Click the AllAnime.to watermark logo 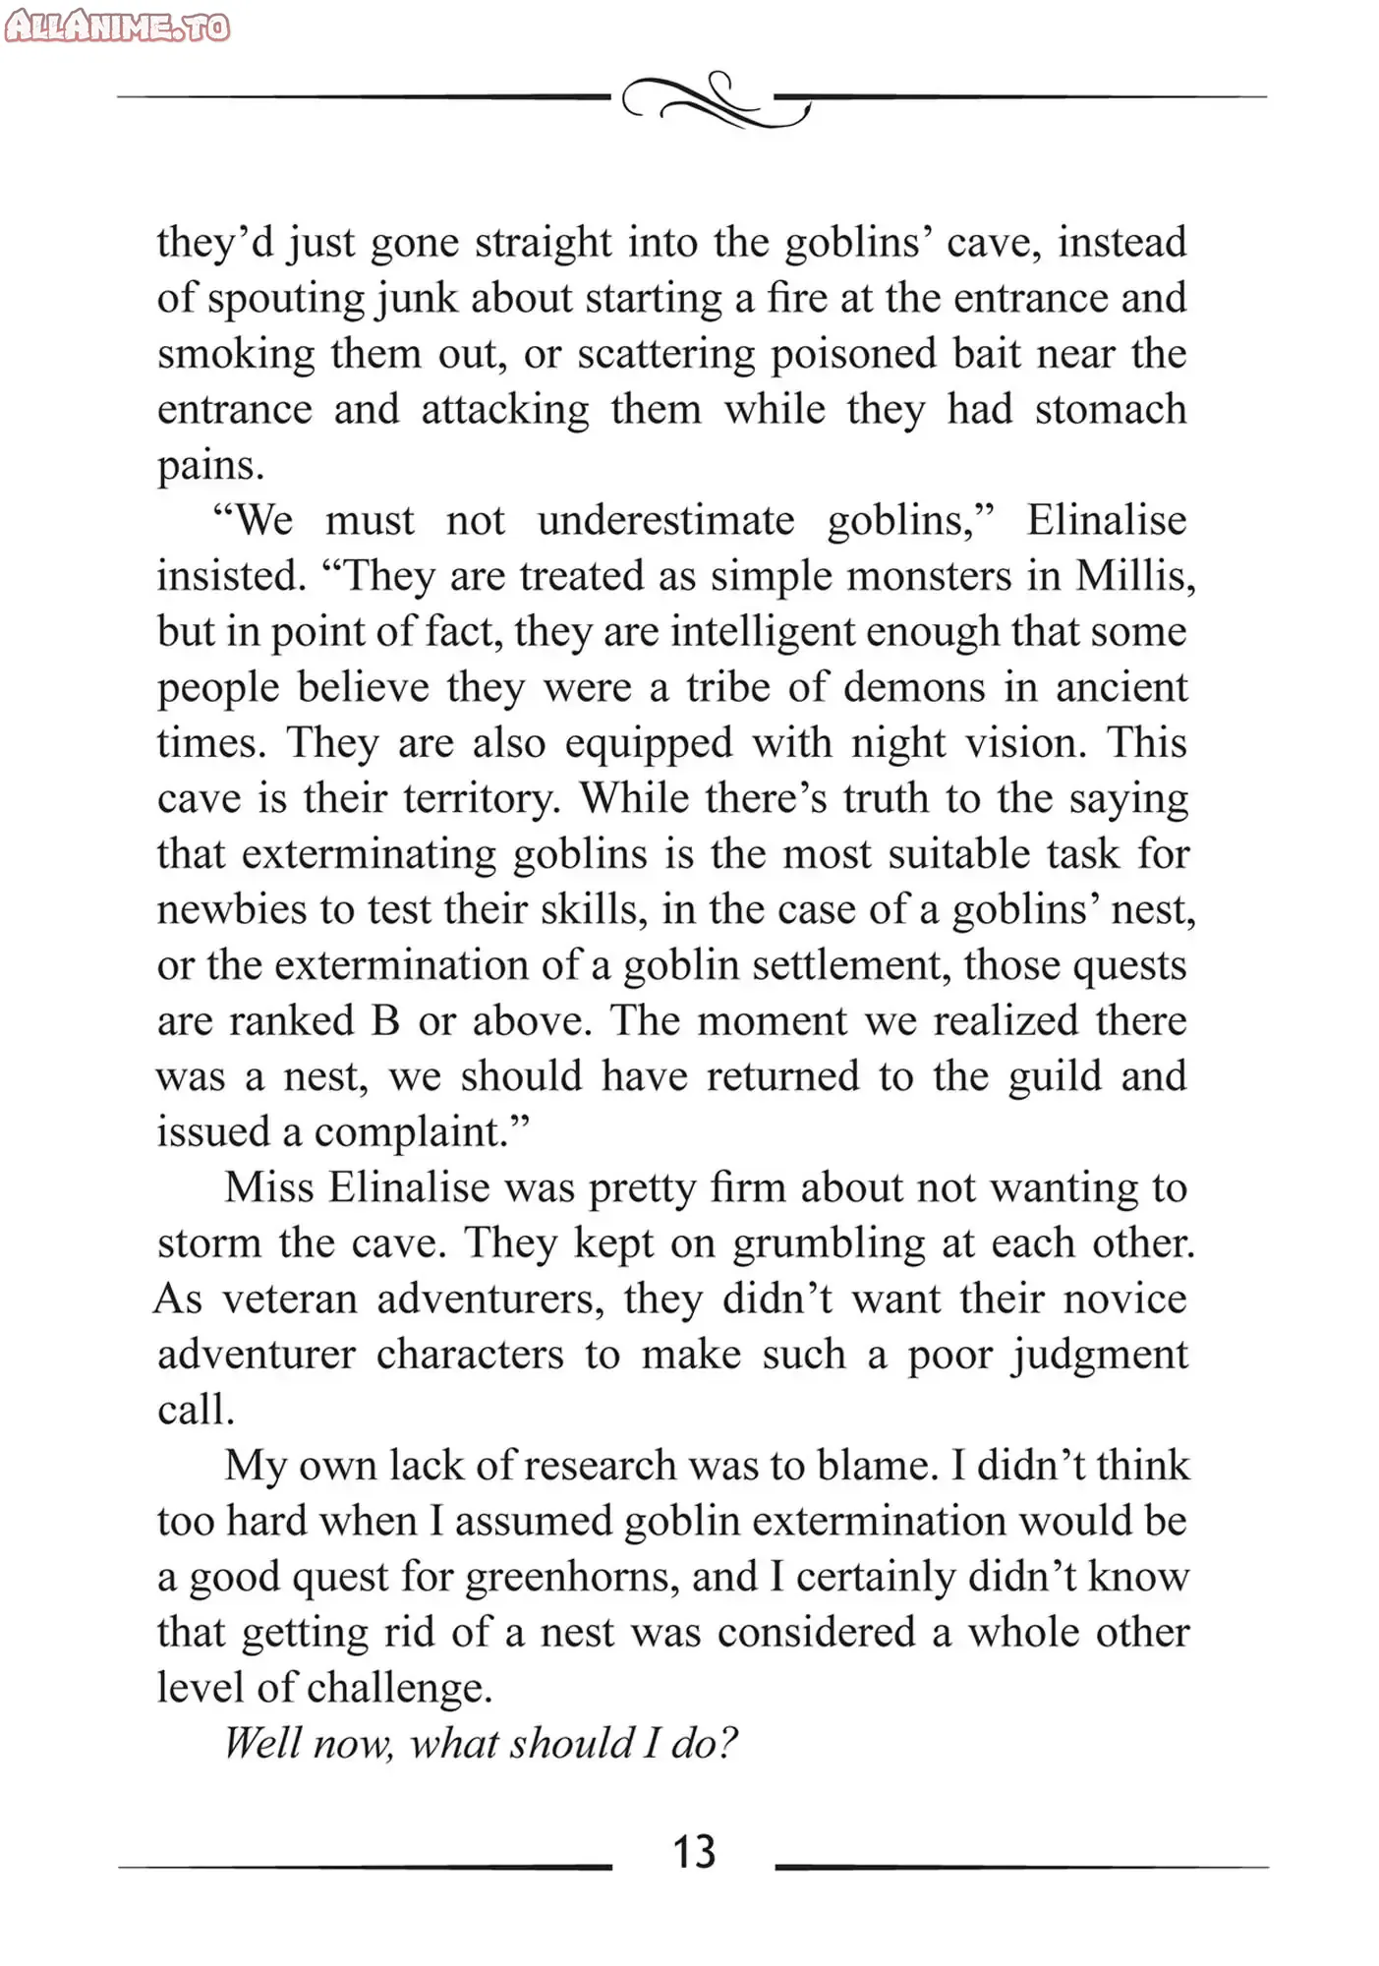pyautogui.click(x=117, y=27)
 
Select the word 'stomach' pyautogui.click(x=1110, y=409)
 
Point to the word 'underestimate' pyautogui.click(x=665, y=520)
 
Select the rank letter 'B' pyautogui.click(x=385, y=1020)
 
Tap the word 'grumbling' pyautogui.click(x=829, y=1243)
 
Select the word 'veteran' pyautogui.click(x=289, y=1300)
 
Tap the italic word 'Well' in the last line pyautogui.click(x=262, y=1743)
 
